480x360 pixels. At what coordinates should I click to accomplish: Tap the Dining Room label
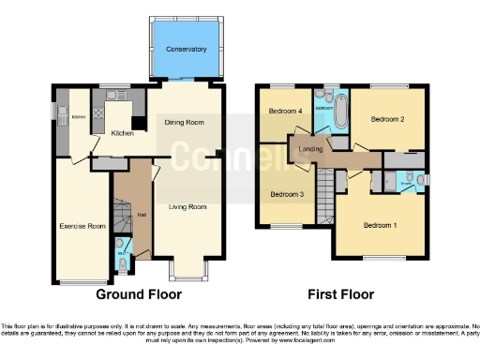(x=187, y=121)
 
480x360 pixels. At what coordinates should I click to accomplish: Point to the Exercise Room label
(x=82, y=226)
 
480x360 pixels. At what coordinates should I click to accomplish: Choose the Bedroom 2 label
(x=386, y=120)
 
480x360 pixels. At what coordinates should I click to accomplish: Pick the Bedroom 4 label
(x=286, y=112)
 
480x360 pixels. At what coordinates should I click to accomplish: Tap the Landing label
(x=310, y=149)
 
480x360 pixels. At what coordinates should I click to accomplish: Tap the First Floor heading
(x=341, y=293)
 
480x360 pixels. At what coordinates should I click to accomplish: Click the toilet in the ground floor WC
(x=123, y=253)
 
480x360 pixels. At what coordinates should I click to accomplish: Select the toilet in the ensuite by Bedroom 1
(x=420, y=178)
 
